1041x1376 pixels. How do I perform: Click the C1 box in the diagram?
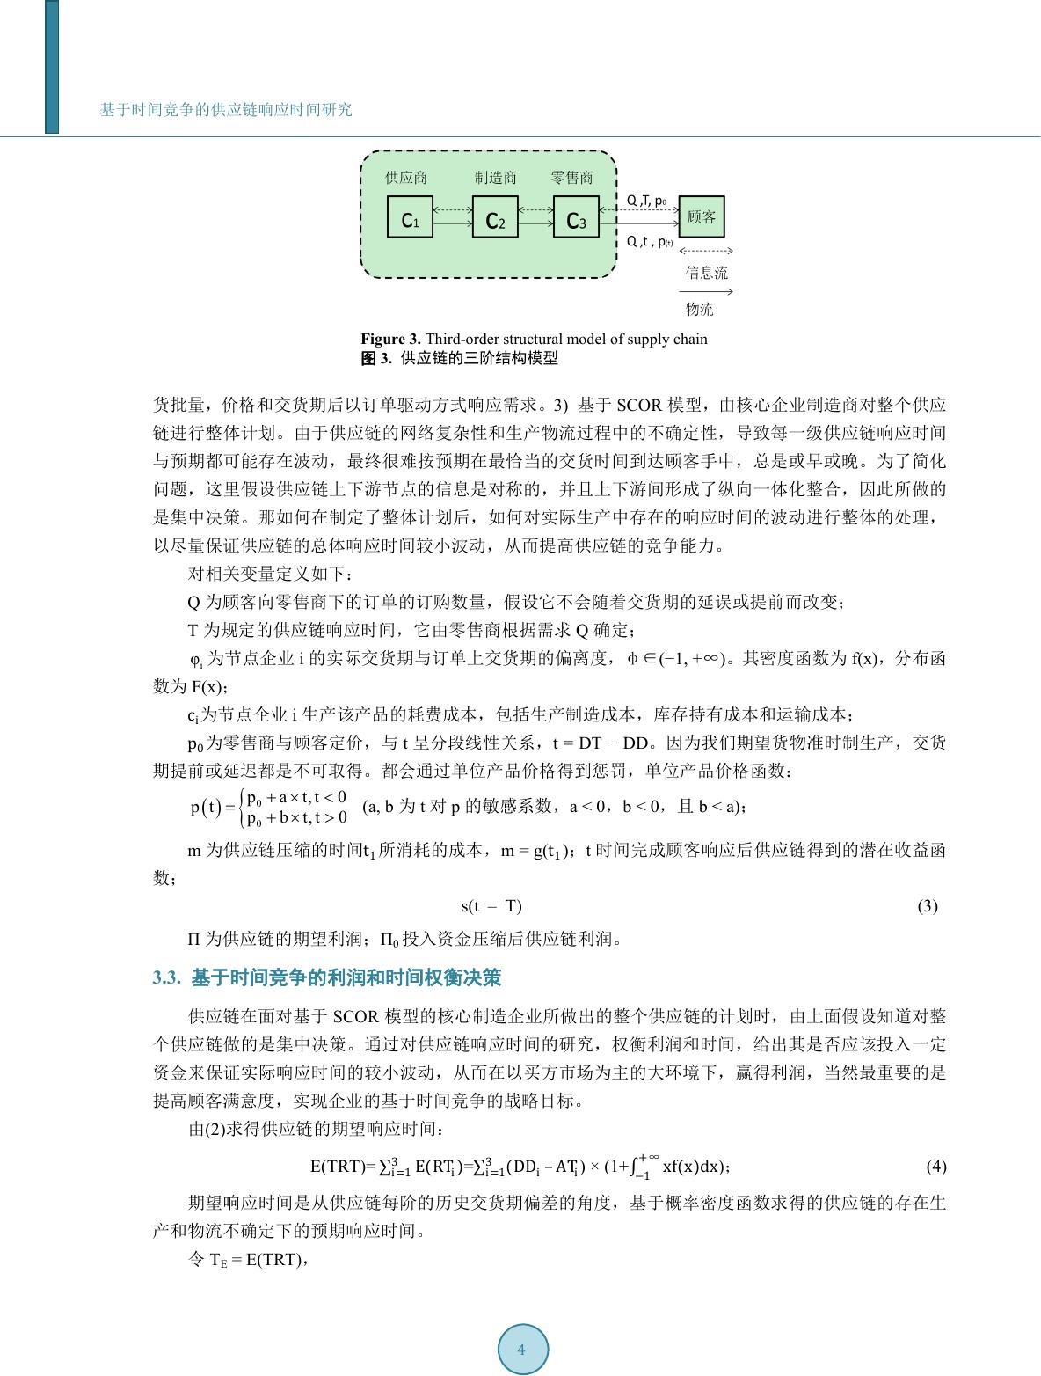(410, 218)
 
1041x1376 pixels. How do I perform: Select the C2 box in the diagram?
(495, 218)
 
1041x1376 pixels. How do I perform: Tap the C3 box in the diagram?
(576, 218)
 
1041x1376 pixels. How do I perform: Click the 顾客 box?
(702, 217)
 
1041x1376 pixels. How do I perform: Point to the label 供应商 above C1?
(406, 178)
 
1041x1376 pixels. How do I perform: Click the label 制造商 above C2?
(496, 178)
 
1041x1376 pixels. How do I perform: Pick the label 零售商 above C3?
(572, 178)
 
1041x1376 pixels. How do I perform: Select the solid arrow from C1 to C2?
(452, 224)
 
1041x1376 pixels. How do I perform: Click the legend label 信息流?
(707, 273)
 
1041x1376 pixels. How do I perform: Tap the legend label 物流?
(700, 310)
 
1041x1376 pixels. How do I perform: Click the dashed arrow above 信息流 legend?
(706, 252)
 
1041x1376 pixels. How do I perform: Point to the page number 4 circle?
(522, 1350)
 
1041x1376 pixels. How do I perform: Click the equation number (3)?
(928, 906)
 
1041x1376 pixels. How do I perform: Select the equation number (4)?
(936, 1167)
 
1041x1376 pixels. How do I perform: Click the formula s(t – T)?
(491, 906)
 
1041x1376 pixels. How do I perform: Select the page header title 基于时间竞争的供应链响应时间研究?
(226, 110)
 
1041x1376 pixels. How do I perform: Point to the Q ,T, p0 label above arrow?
(646, 201)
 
